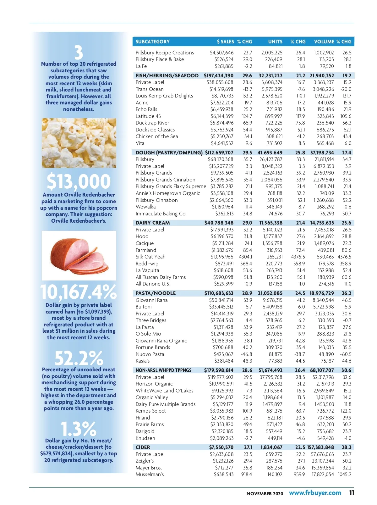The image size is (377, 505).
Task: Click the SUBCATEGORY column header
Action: click(x=152, y=42)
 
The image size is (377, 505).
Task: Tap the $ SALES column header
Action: click(x=225, y=42)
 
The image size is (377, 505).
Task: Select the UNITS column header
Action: click(x=275, y=42)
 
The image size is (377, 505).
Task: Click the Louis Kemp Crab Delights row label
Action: click(x=164, y=96)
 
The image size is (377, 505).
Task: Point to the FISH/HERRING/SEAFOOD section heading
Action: click(x=167, y=75)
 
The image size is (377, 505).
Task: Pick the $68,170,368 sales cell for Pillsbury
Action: click(x=221, y=159)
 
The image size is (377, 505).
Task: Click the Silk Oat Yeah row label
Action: click(x=150, y=257)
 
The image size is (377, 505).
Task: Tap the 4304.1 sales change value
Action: click(x=245, y=257)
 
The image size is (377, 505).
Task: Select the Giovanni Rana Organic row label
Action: click(x=161, y=341)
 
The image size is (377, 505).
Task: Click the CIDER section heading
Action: click(x=143, y=447)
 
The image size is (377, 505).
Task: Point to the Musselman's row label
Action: click(x=150, y=474)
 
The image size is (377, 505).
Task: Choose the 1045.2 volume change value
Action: click(x=345, y=474)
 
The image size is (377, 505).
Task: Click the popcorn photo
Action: click(x=79, y=143)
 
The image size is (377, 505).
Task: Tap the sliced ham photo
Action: click(x=79, y=255)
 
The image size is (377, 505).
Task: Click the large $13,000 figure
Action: click(x=79, y=181)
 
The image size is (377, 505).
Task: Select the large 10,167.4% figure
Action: click(x=79, y=292)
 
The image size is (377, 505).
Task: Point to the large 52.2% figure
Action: click(x=79, y=358)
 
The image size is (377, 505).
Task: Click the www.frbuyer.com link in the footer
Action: click(x=315, y=493)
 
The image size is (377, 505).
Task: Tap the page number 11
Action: click(x=352, y=493)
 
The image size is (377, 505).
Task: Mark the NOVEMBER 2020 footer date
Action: click(x=265, y=494)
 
